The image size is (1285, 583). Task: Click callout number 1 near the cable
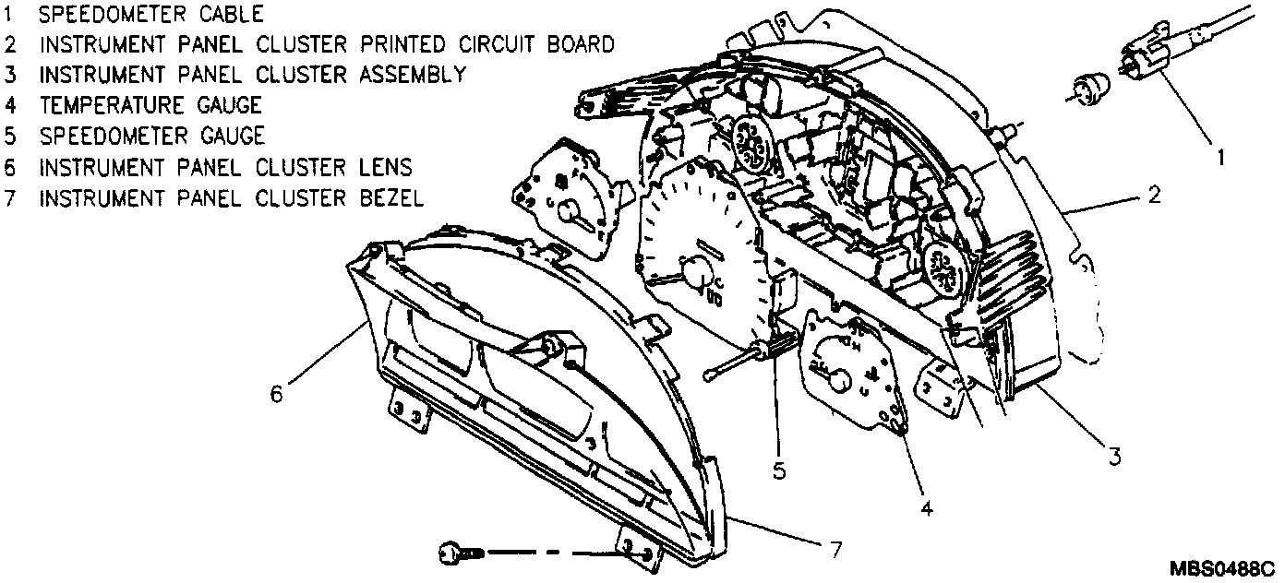(x=1219, y=158)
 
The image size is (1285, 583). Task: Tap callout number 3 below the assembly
(x=1114, y=455)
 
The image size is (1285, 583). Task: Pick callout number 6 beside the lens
(x=276, y=393)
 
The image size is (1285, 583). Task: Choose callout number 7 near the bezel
(x=834, y=550)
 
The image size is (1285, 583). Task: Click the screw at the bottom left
(x=455, y=553)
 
